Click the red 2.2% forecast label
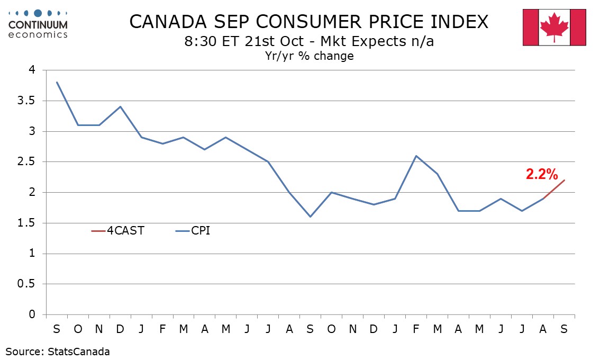tap(542, 174)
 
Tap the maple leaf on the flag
tap(554, 27)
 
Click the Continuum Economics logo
tap(38, 23)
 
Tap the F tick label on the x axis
tap(162, 329)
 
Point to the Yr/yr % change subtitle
tap(310, 56)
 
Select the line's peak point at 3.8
tap(57, 82)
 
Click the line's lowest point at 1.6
tap(310, 217)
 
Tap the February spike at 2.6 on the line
tap(416, 156)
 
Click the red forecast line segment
tap(554, 189)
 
